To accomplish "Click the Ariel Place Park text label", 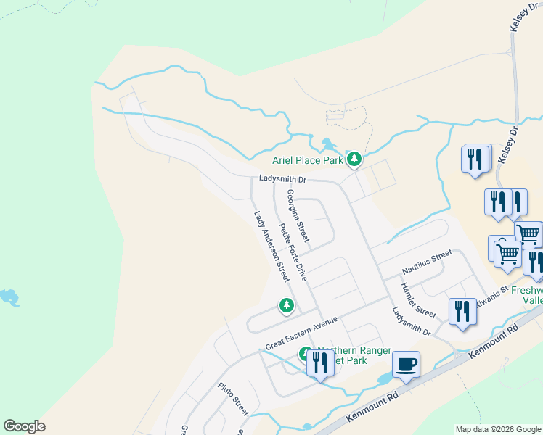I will [x=306, y=161].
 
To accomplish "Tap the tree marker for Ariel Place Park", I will [x=354, y=159].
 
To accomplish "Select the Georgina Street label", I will [x=298, y=215].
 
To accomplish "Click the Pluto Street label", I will [x=233, y=399].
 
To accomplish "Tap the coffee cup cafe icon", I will [x=406, y=364].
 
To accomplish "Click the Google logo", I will [x=24, y=426].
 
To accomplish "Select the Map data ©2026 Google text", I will [x=498, y=429].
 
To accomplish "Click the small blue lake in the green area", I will [x=9, y=297].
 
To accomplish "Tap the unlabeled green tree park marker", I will [x=287, y=306].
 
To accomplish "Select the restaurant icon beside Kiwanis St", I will [x=462, y=311].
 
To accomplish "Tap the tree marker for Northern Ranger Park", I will [x=305, y=355].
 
